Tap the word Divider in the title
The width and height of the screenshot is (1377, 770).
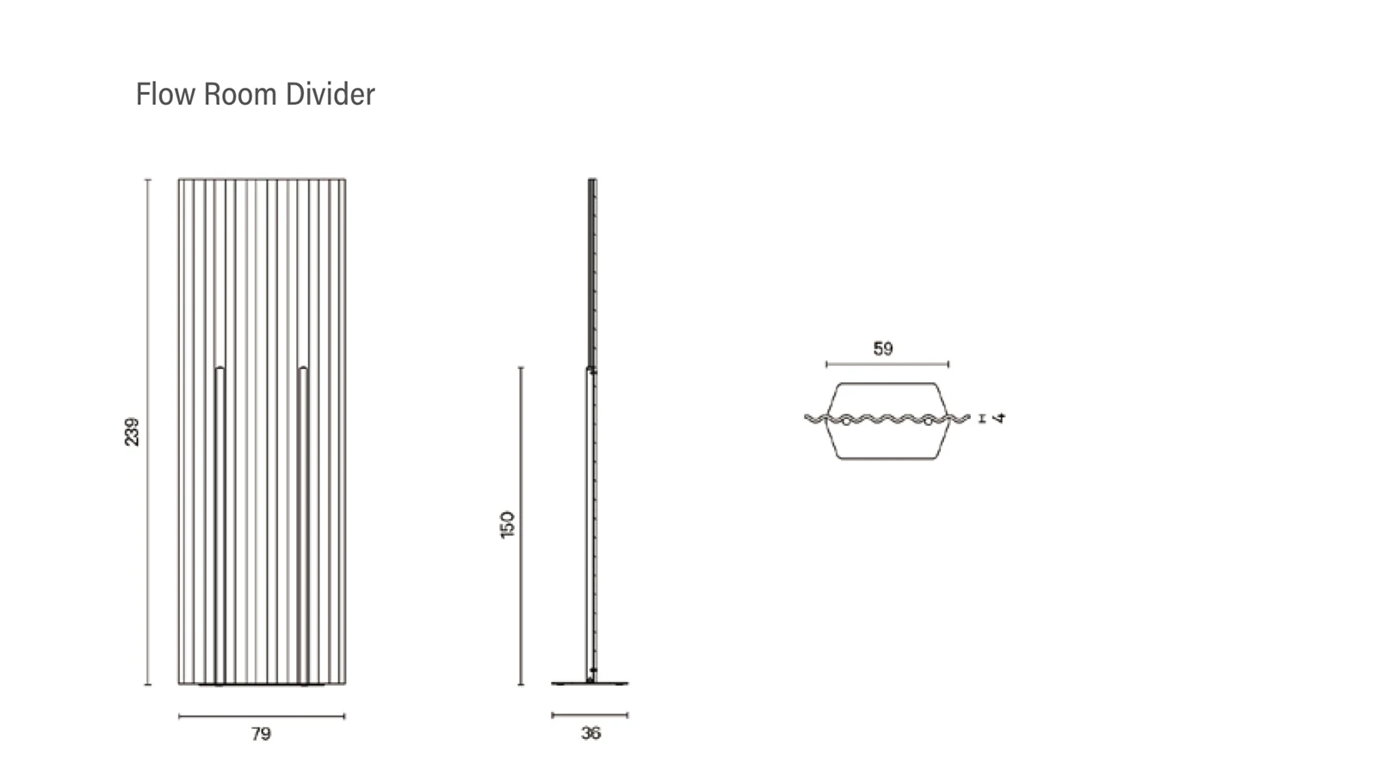pos(330,94)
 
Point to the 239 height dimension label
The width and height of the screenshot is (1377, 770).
pos(132,432)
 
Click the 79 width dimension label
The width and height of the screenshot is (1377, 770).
pos(261,734)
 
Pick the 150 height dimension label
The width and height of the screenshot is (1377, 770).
pos(507,525)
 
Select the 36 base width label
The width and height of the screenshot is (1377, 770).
pos(590,733)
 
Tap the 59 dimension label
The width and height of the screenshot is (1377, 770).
pos(883,349)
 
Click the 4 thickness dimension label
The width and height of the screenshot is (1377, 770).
pos(999,418)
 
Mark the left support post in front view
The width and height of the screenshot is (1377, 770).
pos(220,526)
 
